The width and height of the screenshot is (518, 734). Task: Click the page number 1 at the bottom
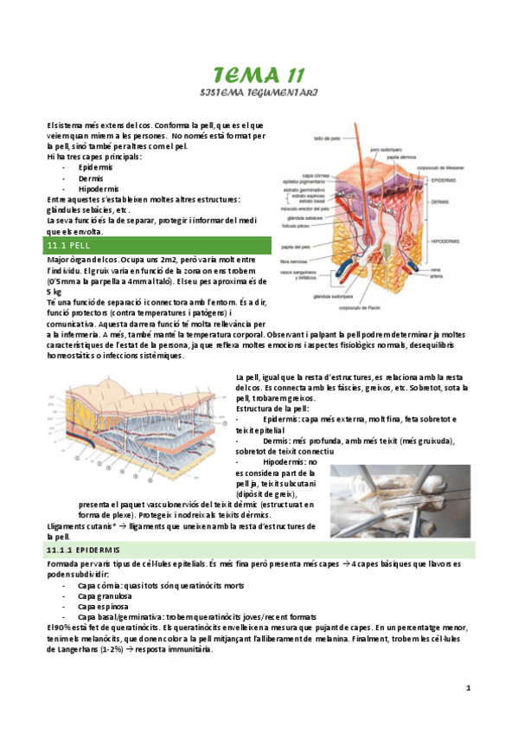click(468, 688)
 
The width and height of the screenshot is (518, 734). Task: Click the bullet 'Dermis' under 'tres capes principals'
click(91, 177)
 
